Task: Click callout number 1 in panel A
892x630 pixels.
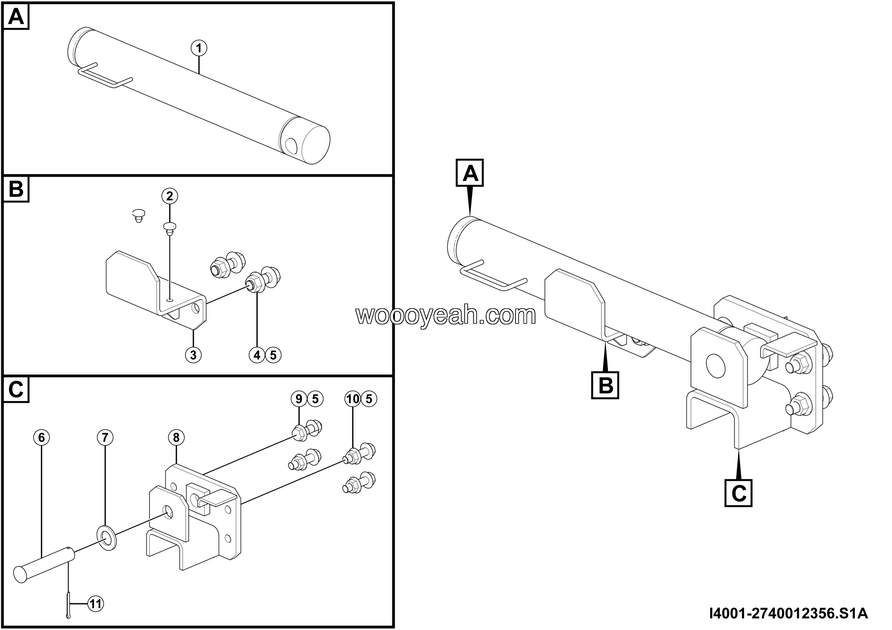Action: [199, 48]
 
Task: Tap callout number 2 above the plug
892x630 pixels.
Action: [170, 196]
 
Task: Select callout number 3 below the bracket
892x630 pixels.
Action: [193, 355]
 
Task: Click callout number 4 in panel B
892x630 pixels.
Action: [257, 355]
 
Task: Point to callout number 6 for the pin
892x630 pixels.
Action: [41, 437]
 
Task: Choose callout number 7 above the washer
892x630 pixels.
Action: [105, 437]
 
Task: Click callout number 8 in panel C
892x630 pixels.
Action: [176, 437]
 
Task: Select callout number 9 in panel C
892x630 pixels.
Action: [299, 399]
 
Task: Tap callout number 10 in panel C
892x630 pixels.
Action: [353, 399]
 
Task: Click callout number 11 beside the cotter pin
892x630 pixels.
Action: [95, 604]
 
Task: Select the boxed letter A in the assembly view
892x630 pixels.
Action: [470, 173]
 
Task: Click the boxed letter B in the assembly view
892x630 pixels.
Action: [605, 385]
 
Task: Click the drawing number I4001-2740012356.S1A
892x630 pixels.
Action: [788, 613]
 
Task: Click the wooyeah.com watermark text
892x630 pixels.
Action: [446, 315]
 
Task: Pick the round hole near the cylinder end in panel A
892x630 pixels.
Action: [291, 146]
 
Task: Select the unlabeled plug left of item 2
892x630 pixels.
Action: [139, 215]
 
